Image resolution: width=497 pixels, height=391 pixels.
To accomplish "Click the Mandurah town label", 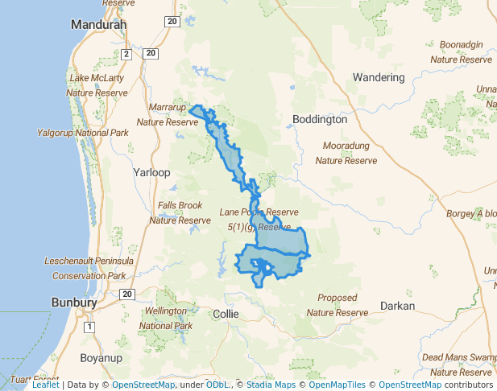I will tap(99, 25).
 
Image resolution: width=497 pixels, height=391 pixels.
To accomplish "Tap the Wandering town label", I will tap(378, 77).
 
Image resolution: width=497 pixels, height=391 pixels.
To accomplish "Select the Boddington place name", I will tap(320, 119).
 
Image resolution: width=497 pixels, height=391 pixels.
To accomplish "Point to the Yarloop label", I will tap(151, 172).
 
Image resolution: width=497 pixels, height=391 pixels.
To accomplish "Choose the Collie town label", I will tap(226, 314).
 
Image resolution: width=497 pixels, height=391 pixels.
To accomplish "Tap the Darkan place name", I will tap(397, 306).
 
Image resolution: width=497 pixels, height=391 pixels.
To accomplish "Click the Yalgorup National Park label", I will tap(83, 133).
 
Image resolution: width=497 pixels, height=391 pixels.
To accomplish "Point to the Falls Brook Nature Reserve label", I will tap(180, 212).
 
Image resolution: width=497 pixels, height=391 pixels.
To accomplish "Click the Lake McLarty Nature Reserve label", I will tap(97, 85).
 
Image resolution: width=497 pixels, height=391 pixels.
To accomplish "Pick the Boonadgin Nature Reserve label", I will tap(461, 51).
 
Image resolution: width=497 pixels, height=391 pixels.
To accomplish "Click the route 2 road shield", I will tap(126, 54).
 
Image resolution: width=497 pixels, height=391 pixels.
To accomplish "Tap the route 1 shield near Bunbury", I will tap(89, 327).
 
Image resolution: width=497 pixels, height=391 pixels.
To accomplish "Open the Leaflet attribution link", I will tap(46, 385).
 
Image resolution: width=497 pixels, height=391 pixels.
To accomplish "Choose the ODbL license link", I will tap(217, 385).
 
